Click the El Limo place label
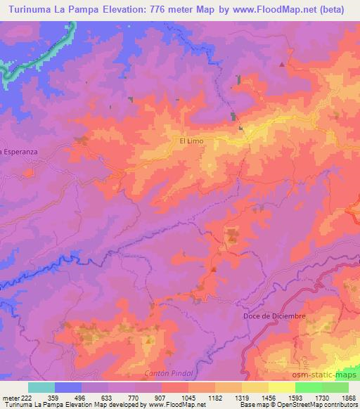point(191,141)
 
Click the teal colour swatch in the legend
point(41,387)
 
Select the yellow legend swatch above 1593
point(282,387)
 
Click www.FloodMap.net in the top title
point(273,9)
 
